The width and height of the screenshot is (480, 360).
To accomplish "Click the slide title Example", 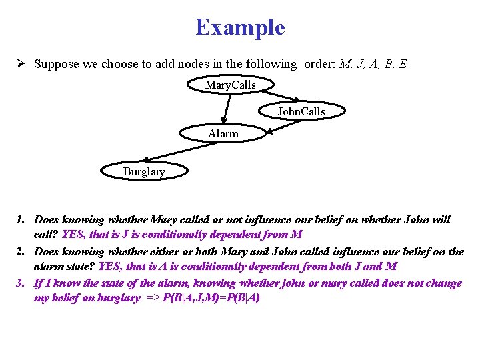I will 240,27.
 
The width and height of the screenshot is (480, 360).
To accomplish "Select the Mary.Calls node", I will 230,85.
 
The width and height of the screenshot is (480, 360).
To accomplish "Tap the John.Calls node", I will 301,111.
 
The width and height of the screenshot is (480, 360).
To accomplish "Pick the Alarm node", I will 223,133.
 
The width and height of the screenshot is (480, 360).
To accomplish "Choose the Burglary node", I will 143,171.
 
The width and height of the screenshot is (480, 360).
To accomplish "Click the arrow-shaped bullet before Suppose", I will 22,65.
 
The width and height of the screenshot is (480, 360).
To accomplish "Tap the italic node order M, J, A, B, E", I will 373,65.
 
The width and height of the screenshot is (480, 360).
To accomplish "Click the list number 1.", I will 21,219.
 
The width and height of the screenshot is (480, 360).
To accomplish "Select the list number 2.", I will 21,252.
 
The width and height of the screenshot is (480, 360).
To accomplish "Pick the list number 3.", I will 21,283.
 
